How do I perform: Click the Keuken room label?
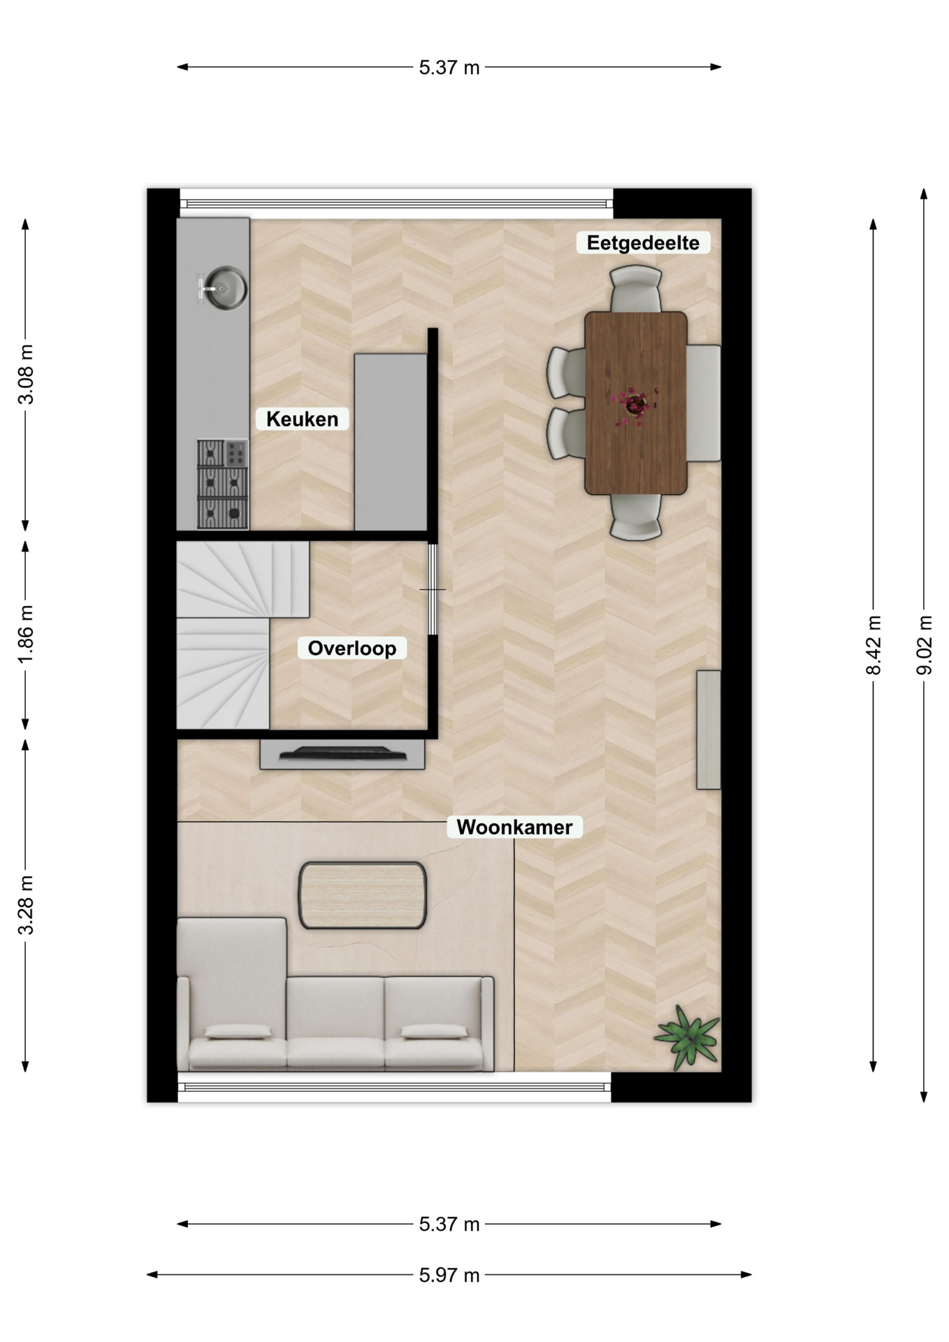(302, 419)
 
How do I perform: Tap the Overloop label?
(352, 648)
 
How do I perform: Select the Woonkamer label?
(514, 827)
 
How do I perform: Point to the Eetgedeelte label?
(643, 243)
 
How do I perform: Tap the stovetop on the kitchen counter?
(222, 484)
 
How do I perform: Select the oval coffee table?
(363, 895)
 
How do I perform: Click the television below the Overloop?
(342, 754)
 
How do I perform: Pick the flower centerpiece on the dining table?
(635, 405)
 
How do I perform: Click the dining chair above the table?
(635, 289)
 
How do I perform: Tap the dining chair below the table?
(635, 517)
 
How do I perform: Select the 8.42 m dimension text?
(874, 644)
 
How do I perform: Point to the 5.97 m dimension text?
(449, 1275)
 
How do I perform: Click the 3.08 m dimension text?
(26, 375)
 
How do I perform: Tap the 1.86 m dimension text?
(26, 635)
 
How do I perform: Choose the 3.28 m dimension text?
(26, 904)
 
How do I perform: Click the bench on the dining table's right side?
(704, 403)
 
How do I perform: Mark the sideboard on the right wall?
(709, 730)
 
